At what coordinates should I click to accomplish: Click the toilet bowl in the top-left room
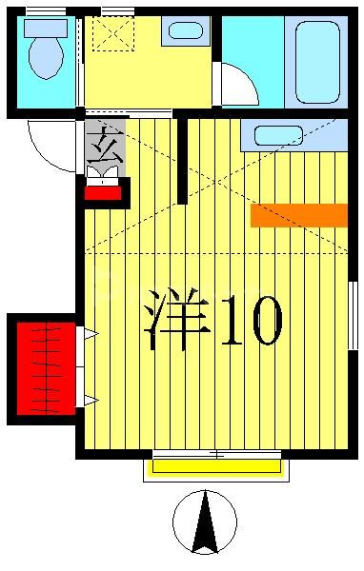(45, 58)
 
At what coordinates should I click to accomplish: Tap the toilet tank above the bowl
(45, 28)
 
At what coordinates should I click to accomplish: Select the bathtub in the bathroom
(317, 61)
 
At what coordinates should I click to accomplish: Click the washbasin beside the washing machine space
(185, 30)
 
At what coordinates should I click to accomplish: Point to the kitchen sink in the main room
(278, 135)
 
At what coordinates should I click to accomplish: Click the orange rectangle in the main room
(298, 215)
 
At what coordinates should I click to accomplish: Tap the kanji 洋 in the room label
(177, 318)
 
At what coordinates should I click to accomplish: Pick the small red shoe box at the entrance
(102, 192)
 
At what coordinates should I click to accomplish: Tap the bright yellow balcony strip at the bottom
(216, 466)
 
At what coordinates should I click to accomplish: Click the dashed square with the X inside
(112, 33)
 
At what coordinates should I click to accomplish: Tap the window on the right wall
(352, 314)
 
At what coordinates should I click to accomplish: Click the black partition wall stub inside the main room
(182, 160)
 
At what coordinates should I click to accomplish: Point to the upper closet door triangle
(90, 333)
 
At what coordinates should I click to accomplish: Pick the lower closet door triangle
(90, 401)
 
